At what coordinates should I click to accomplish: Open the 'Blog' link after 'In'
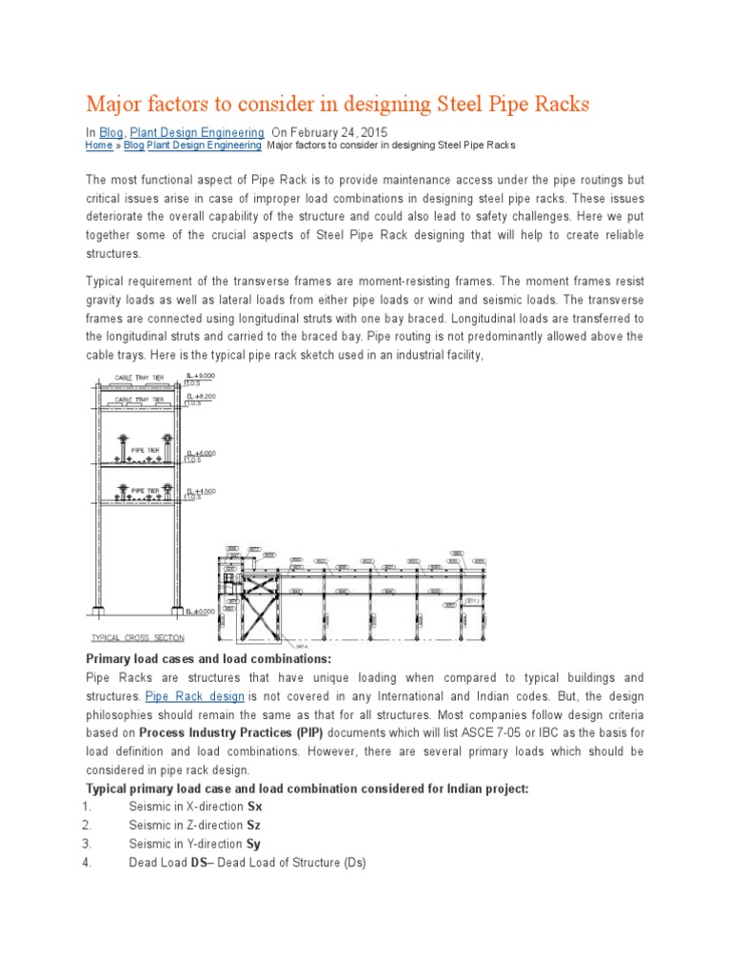[111, 132]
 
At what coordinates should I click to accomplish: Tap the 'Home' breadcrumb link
[98, 146]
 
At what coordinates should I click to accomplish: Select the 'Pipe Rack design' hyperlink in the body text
[194, 697]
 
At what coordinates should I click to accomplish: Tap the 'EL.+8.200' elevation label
[202, 396]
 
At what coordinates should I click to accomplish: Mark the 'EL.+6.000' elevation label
[202, 454]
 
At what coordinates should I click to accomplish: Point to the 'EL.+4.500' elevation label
[202, 492]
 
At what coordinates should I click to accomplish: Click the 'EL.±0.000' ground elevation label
[202, 612]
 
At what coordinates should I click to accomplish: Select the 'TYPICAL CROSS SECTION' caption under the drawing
[137, 637]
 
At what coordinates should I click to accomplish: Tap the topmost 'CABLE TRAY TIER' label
[140, 378]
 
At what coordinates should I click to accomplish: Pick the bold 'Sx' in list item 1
[254, 806]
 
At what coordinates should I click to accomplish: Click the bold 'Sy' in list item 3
[253, 844]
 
